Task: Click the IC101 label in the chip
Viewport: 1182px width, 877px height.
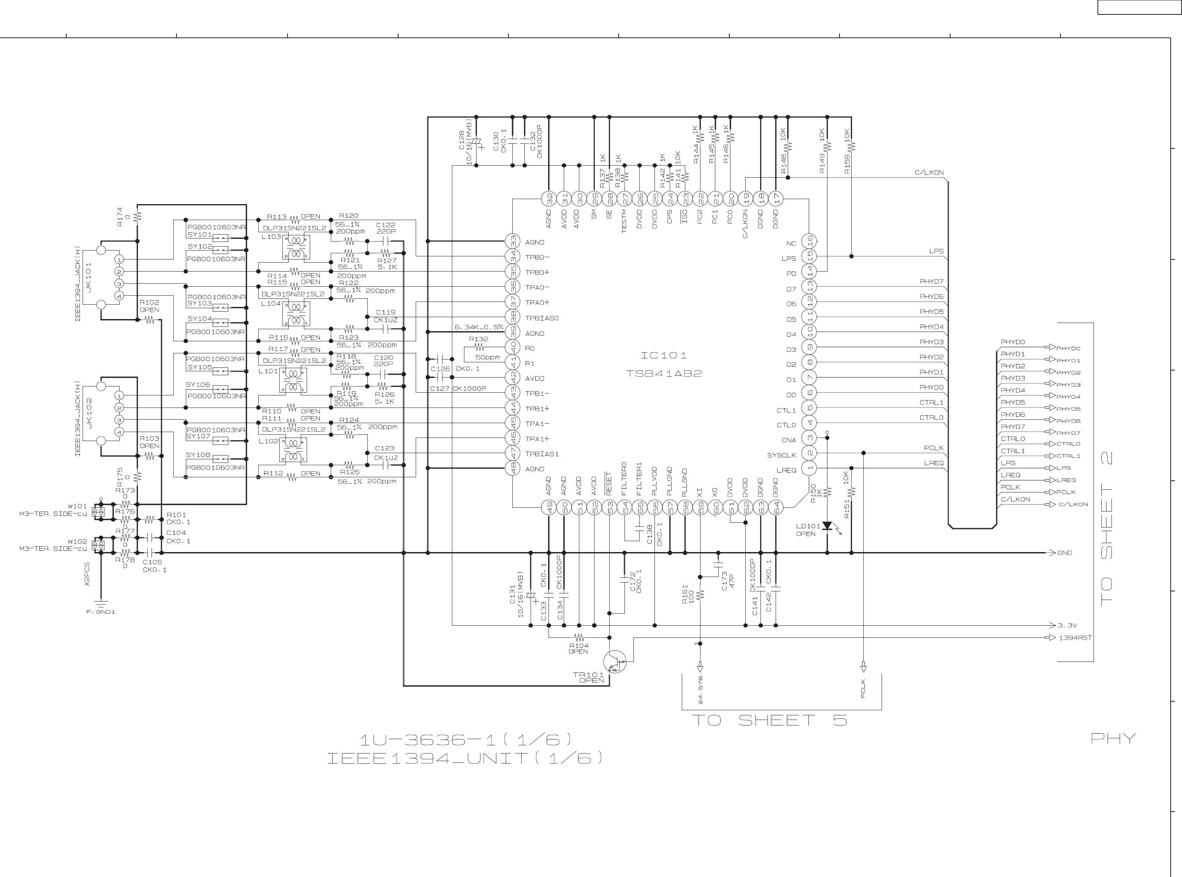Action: pyautogui.click(x=664, y=355)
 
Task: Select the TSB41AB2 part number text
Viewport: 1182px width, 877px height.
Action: pyautogui.click(x=664, y=373)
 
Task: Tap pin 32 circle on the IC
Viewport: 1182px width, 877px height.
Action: pyautogui.click(x=549, y=199)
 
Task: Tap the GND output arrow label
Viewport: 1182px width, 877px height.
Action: pyautogui.click(x=1065, y=552)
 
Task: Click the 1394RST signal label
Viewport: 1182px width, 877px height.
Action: pyautogui.click(x=1075, y=637)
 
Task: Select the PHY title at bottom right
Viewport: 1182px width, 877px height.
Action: pyautogui.click(x=1113, y=738)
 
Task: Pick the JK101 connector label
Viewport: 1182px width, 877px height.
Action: pyautogui.click(x=89, y=277)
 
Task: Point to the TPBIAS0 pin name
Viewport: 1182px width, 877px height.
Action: pyautogui.click(x=542, y=318)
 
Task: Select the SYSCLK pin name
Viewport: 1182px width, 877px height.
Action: pyautogui.click(x=781, y=455)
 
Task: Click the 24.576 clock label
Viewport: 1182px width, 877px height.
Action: pyautogui.click(x=700, y=690)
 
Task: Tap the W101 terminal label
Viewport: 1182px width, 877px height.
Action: pyautogui.click(x=77, y=506)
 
